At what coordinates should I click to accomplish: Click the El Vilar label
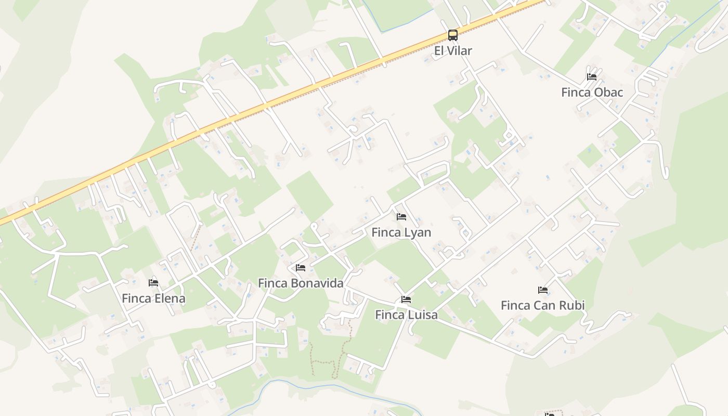click(x=453, y=50)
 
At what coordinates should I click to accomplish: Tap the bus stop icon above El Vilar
click(x=453, y=35)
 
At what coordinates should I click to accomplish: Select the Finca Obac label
click(x=592, y=92)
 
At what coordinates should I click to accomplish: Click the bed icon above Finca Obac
click(x=592, y=77)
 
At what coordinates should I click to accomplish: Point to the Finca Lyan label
click(x=401, y=232)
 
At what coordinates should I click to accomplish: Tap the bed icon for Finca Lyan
click(x=401, y=217)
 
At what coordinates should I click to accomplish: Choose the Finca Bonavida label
click(x=301, y=283)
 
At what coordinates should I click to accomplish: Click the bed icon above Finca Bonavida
click(x=301, y=268)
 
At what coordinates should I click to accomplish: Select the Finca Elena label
click(x=153, y=298)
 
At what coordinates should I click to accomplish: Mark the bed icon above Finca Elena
click(x=153, y=283)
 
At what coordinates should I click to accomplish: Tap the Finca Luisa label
click(x=406, y=315)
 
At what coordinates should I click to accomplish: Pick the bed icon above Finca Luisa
click(x=406, y=300)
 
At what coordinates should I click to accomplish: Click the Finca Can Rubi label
click(x=542, y=305)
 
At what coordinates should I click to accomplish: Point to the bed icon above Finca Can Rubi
click(x=543, y=290)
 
